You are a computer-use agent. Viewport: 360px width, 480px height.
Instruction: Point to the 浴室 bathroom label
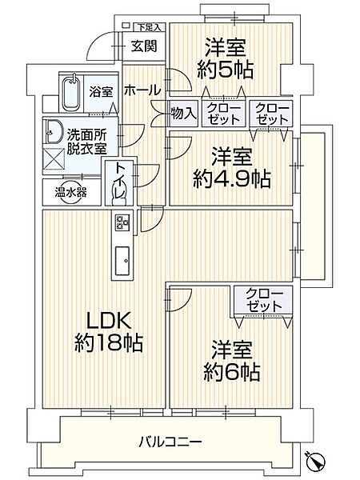point(99,91)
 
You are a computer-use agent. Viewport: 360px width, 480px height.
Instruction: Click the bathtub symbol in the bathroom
point(71,94)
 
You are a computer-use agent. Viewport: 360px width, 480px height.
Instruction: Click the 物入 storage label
point(184,113)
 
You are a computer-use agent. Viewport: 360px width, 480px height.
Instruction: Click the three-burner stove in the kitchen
point(123,222)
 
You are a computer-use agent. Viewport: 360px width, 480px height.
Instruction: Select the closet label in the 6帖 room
point(263,299)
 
